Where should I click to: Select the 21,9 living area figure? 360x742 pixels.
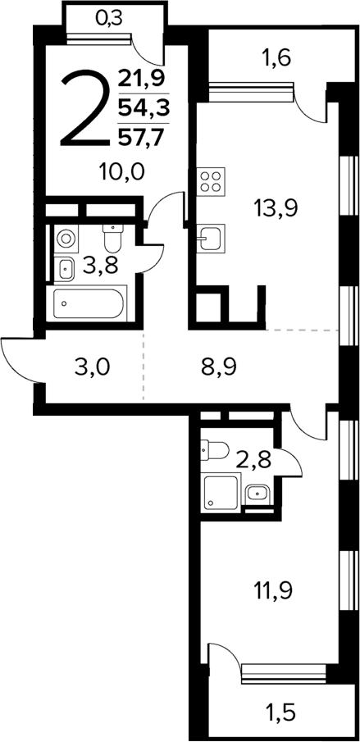(x=140, y=79)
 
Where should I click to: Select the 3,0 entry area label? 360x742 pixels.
(x=92, y=366)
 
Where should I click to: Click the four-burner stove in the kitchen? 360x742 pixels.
(x=212, y=181)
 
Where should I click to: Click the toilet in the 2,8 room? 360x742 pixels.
(x=215, y=449)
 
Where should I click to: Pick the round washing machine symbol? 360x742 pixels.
(x=66, y=239)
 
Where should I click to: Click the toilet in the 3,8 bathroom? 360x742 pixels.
(x=112, y=239)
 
